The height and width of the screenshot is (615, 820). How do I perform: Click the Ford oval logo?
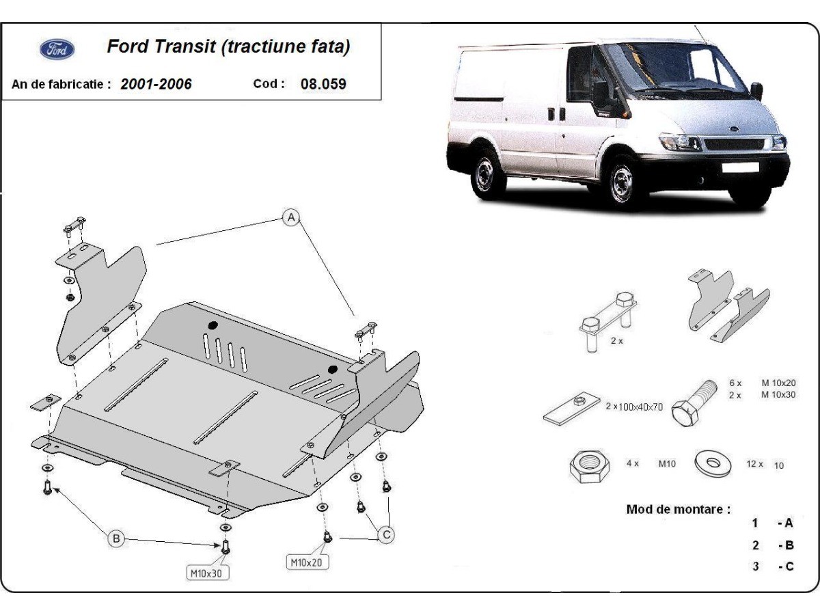57,49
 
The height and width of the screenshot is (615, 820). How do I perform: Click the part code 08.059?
323,84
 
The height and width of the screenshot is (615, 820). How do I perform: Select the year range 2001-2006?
156,84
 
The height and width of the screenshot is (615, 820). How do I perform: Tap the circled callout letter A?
292,218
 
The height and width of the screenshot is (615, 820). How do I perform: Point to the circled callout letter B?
116,539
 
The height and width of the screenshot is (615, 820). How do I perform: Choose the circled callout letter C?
387,535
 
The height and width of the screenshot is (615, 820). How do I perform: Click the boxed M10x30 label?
205,573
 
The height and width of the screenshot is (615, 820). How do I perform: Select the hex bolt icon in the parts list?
690,403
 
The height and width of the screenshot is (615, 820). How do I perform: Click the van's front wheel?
623,179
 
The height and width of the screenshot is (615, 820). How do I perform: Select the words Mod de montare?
678,509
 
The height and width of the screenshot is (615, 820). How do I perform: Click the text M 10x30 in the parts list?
779,395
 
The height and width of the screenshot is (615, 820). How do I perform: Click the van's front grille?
737,144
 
